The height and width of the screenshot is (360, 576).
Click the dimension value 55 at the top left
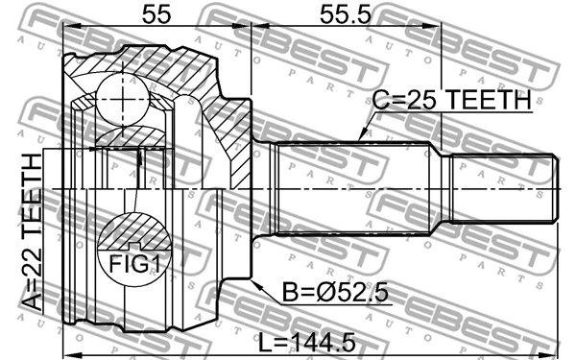point(156,14)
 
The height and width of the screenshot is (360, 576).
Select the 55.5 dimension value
point(344,14)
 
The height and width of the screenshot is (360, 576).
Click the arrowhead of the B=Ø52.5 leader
point(252,280)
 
